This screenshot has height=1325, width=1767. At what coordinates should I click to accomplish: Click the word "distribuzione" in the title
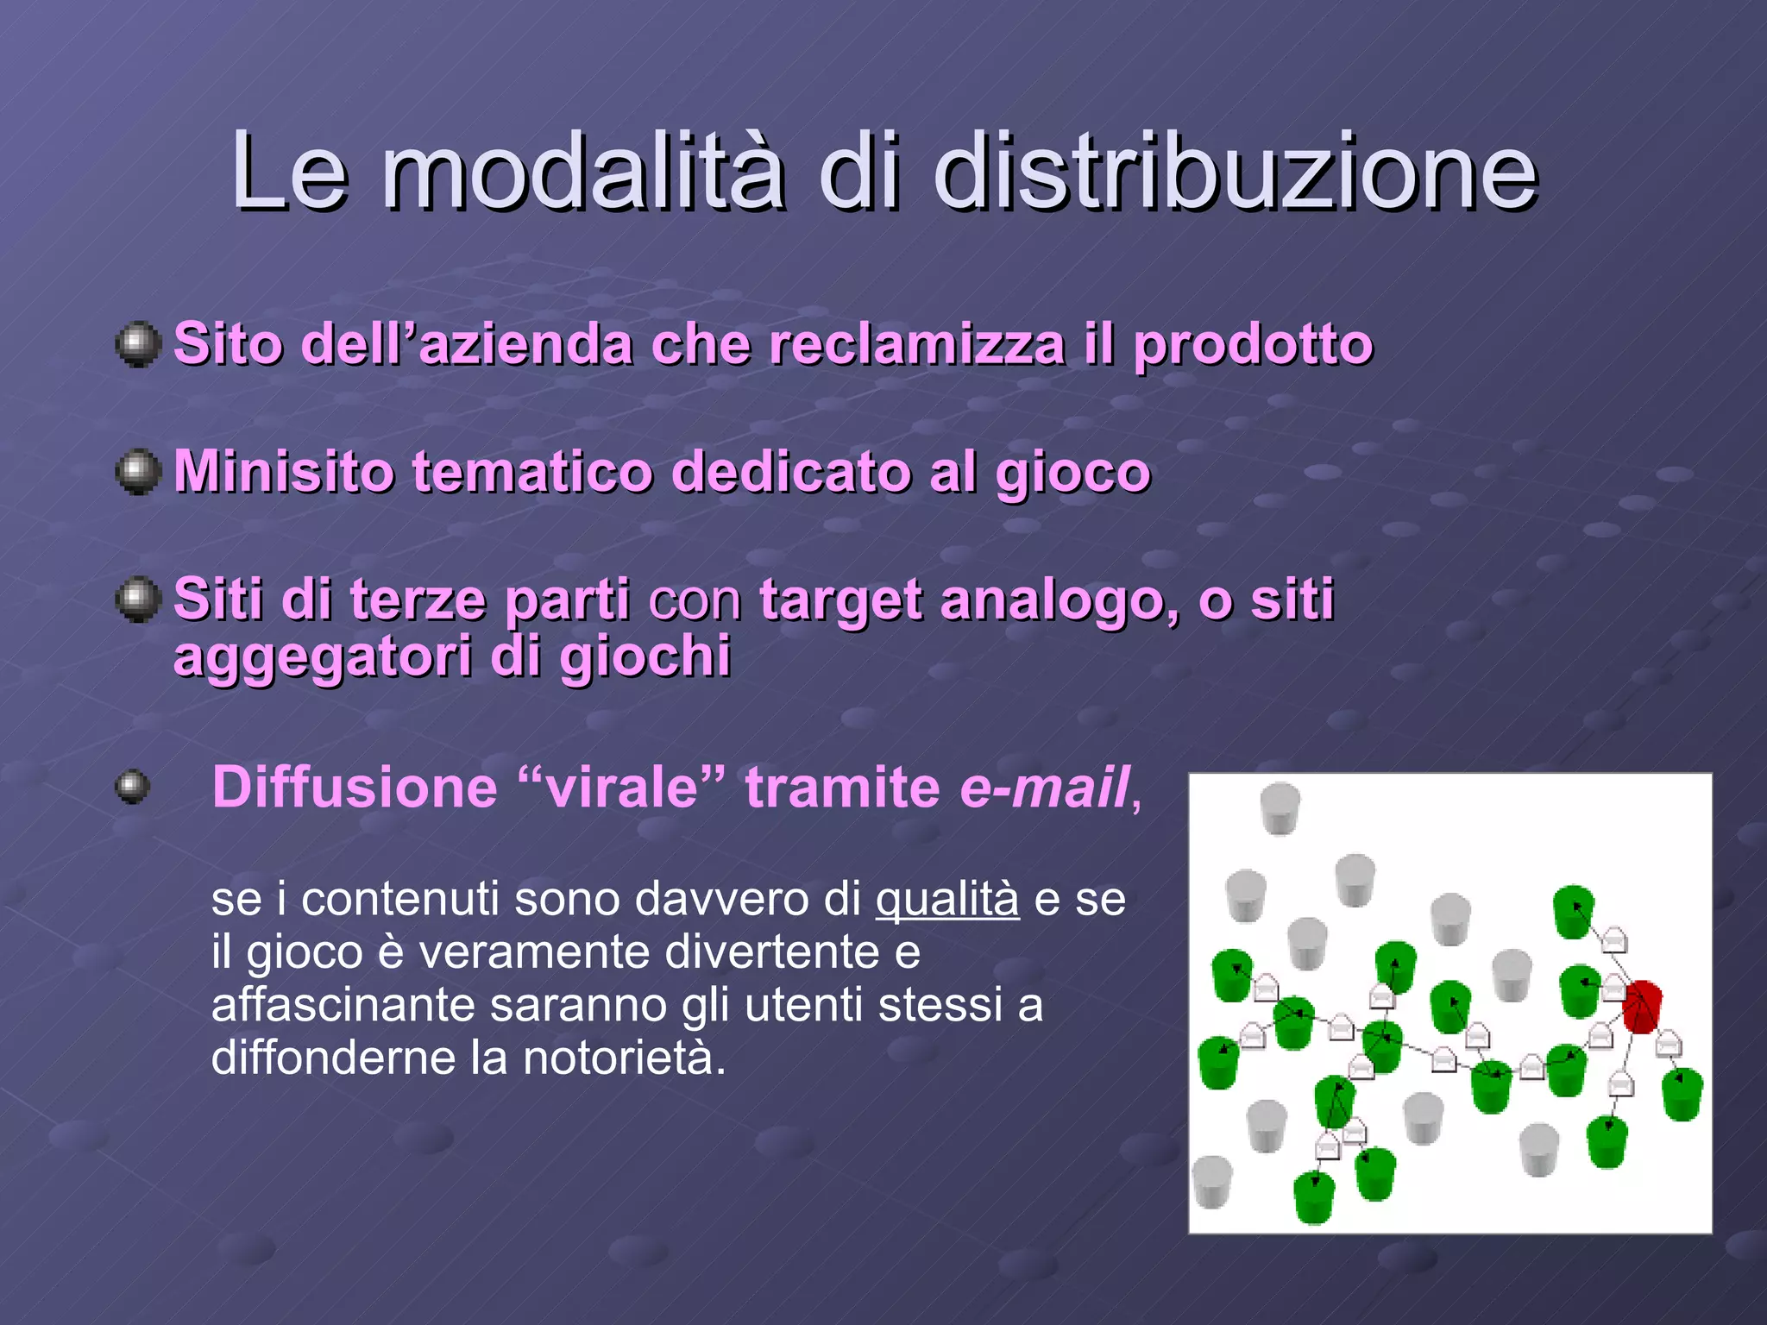click(1236, 173)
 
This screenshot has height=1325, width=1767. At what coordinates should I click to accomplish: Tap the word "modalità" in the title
click(583, 173)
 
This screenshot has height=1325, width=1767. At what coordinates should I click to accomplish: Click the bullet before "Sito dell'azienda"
click(138, 345)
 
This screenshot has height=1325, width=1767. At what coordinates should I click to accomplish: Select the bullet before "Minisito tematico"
click(138, 472)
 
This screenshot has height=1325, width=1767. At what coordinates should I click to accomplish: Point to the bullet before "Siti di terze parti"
click(138, 599)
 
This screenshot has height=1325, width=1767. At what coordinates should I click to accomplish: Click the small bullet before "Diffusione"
click(132, 787)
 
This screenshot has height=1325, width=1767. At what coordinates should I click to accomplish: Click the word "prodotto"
click(1253, 345)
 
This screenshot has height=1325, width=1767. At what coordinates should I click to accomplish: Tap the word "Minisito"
click(284, 472)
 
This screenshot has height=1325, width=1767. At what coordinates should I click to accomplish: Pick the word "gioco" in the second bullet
click(1073, 474)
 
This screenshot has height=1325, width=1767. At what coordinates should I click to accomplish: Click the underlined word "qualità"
click(947, 900)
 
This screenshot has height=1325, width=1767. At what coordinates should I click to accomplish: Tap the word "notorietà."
click(625, 1058)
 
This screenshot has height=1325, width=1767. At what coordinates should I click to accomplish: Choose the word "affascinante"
click(343, 1006)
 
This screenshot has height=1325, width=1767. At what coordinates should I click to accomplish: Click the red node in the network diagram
click(1641, 1006)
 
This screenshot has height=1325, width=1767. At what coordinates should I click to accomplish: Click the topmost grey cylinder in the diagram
click(1280, 807)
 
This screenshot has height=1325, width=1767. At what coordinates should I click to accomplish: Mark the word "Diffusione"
click(355, 788)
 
